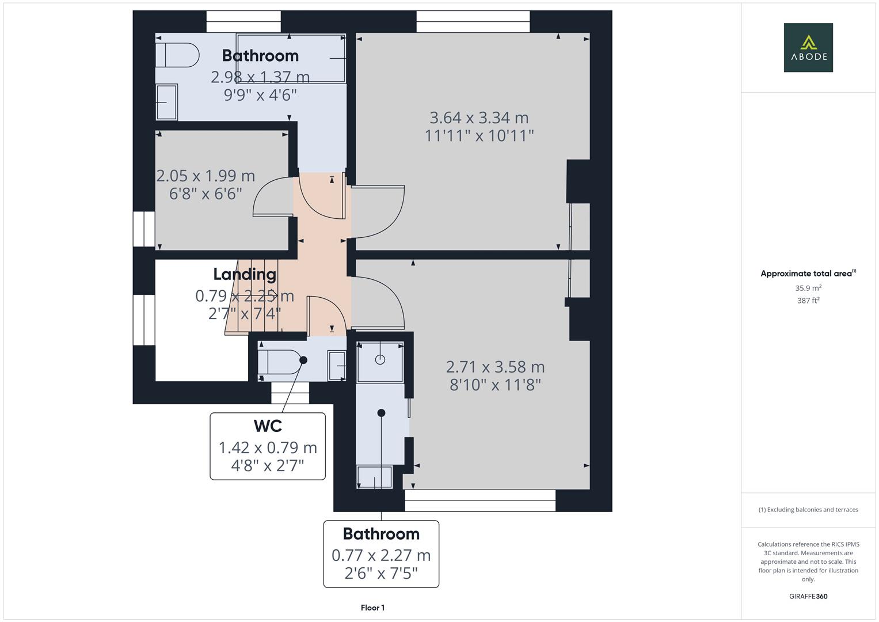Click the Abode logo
point(808,47)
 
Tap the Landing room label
point(245,274)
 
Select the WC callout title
point(268,426)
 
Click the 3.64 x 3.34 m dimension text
point(479,117)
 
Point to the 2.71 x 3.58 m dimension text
point(495,367)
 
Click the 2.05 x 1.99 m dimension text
point(206,176)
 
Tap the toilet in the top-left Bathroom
point(177,55)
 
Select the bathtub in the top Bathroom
point(291,58)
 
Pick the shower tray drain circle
point(380,359)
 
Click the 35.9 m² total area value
point(808,288)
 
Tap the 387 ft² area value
point(808,301)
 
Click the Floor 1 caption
point(372,608)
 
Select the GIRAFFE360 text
point(808,596)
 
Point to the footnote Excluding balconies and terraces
point(808,510)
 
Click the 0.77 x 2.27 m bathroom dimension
point(381,555)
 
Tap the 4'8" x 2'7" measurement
point(268,466)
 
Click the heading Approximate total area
point(808,274)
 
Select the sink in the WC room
point(337,366)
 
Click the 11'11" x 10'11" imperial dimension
point(479,136)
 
